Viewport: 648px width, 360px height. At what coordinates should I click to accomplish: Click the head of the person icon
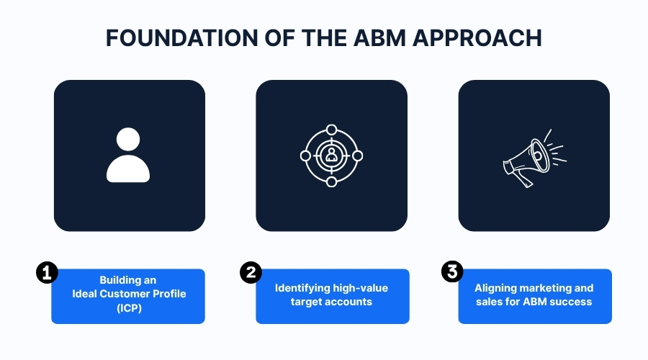coord(128,140)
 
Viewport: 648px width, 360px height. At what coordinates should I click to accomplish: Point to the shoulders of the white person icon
coord(128,169)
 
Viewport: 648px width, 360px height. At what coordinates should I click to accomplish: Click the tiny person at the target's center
coord(331,155)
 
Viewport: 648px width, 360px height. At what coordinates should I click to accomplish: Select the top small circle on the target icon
coord(331,130)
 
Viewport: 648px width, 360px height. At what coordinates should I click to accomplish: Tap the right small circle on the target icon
coord(357,156)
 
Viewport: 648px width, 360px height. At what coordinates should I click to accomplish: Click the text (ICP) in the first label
coord(128,307)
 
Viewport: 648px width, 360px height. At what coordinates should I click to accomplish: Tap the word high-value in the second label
coord(361,288)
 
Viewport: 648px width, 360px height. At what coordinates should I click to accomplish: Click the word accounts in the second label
coord(349,302)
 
